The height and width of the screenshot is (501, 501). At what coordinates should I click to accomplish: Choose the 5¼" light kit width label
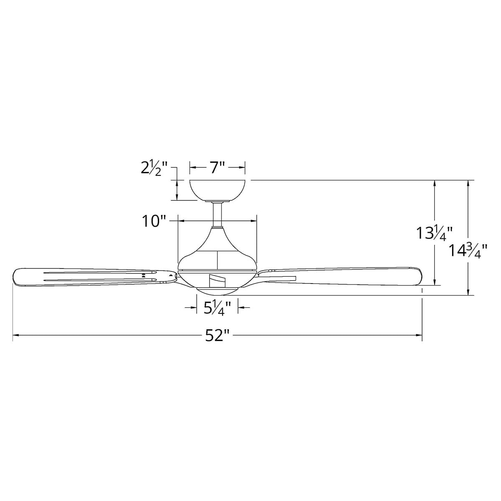pos(217,309)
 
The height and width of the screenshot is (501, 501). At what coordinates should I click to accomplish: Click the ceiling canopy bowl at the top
pos(218,190)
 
